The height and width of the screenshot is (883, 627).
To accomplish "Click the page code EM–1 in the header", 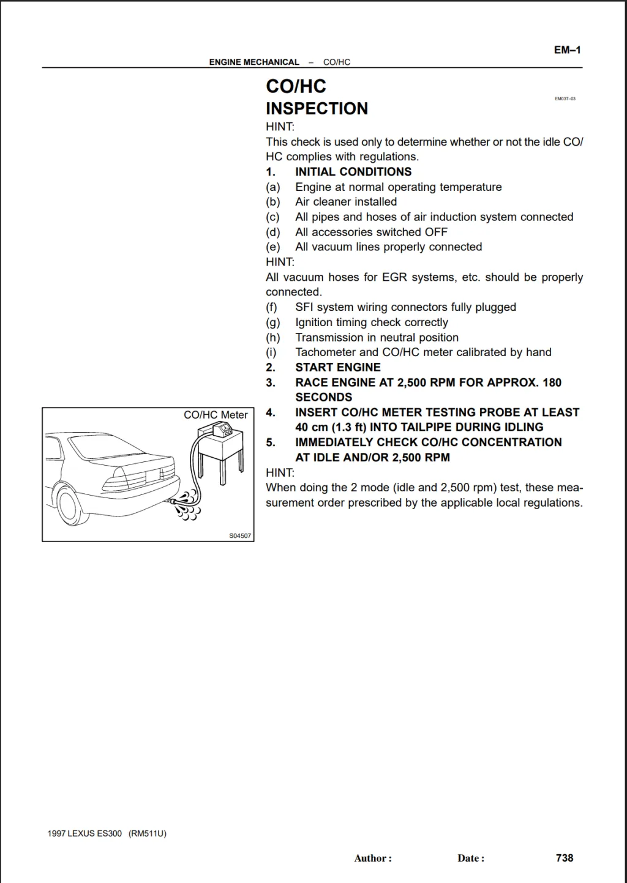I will pos(567,50).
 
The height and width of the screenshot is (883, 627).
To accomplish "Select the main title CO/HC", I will pos(296,86).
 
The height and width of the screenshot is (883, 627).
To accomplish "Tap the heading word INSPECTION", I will pos(317,109).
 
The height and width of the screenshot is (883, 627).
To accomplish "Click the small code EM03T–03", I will pos(565,99).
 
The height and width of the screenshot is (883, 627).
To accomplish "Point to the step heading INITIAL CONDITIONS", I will pos(353,172).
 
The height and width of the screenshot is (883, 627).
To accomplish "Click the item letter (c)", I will pos(272,217).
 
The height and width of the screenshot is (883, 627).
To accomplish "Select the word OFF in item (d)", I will pos(436,233).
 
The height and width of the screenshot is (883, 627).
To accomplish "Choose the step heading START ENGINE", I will pos(337,368).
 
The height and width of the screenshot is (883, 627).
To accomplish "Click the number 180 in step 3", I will pos(552,382).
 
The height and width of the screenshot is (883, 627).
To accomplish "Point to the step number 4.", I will pos(271,412).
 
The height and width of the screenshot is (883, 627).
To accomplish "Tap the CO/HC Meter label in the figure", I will pos(216,415).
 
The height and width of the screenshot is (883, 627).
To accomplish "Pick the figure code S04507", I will pos(240,536).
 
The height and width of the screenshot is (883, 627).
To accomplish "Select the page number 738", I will pos(564,858).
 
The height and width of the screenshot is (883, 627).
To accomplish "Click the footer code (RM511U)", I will pos(148,833).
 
